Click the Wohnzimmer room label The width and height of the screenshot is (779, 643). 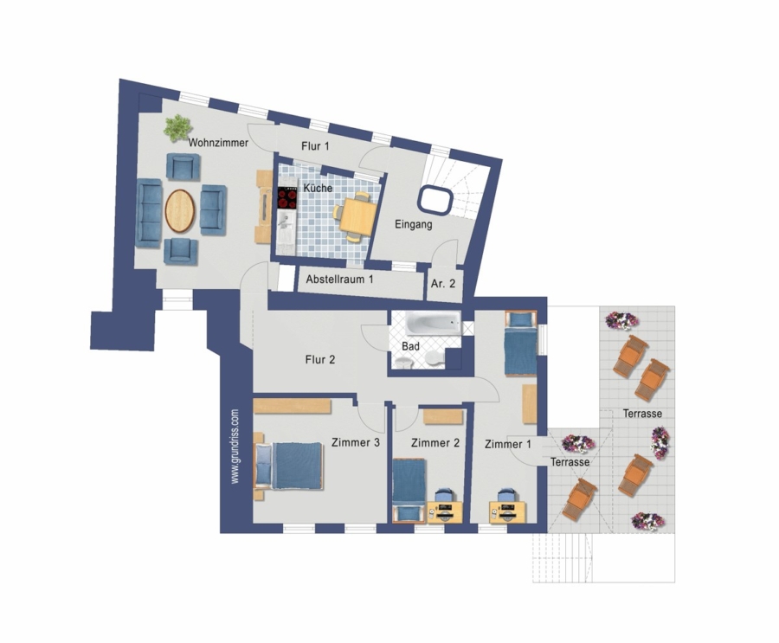click(218, 143)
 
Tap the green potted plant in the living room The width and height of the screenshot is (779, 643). click(177, 127)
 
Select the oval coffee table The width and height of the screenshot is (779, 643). click(180, 211)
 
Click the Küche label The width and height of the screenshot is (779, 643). click(318, 189)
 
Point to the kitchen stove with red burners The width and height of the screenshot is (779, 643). click(287, 198)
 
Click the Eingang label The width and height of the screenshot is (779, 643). click(414, 224)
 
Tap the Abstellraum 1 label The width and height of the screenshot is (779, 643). click(339, 280)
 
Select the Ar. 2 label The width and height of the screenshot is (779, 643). click(443, 284)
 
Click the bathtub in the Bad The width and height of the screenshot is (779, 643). click(434, 324)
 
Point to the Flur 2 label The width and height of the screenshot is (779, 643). click(320, 359)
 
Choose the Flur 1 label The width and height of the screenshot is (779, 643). click(315, 146)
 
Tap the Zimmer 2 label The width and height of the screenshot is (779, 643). click(435, 443)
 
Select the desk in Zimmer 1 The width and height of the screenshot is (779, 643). click(508, 511)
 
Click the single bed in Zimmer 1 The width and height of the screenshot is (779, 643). click(521, 343)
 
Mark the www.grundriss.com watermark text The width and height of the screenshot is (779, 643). click(235, 447)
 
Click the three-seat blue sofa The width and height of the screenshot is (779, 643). click(149, 213)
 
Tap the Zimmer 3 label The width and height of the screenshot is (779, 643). click(356, 442)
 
